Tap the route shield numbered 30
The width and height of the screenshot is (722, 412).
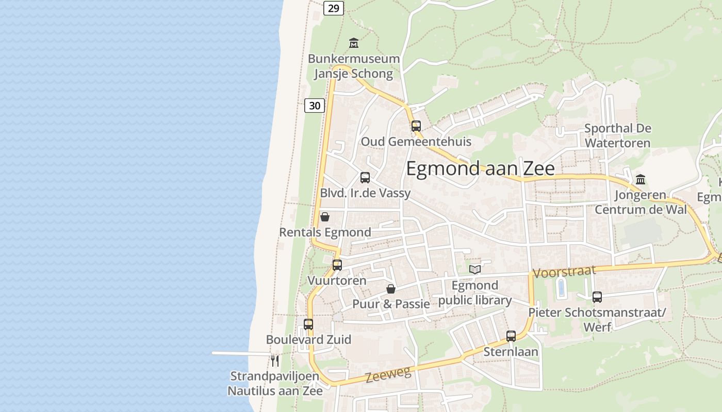(x=315, y=106)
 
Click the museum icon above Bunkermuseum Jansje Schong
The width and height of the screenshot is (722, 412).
(x=354, y=43)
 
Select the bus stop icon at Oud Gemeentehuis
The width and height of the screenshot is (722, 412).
(x=416, y=126)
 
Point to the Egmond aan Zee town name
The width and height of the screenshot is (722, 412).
(x=480, y=168)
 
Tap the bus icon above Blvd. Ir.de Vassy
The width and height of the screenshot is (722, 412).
(x=365, y=178)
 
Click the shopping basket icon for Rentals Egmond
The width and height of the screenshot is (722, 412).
(x=325, y=217)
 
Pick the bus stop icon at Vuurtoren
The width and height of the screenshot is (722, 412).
(x=337, y=265)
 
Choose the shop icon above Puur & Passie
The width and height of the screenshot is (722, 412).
(x=391, y=289)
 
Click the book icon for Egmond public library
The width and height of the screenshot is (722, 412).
(x=474, y=269)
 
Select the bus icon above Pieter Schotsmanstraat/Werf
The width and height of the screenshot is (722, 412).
(x=597, y=297)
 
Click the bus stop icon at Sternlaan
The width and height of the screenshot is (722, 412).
(x=511, y=336)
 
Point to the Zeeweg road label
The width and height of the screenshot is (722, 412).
(x=388, y=374)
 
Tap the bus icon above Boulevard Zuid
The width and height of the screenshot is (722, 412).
(x=308, y=324)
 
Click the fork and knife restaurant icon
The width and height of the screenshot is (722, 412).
(x=275, y=360)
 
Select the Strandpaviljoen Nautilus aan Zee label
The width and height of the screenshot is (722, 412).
(x=275, y=383)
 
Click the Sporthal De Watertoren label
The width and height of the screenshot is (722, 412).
(x=618, y=135)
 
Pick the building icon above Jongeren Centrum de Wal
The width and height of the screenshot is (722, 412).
(x=641, y=180)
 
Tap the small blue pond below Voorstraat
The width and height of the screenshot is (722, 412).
(x=561, y=288)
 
